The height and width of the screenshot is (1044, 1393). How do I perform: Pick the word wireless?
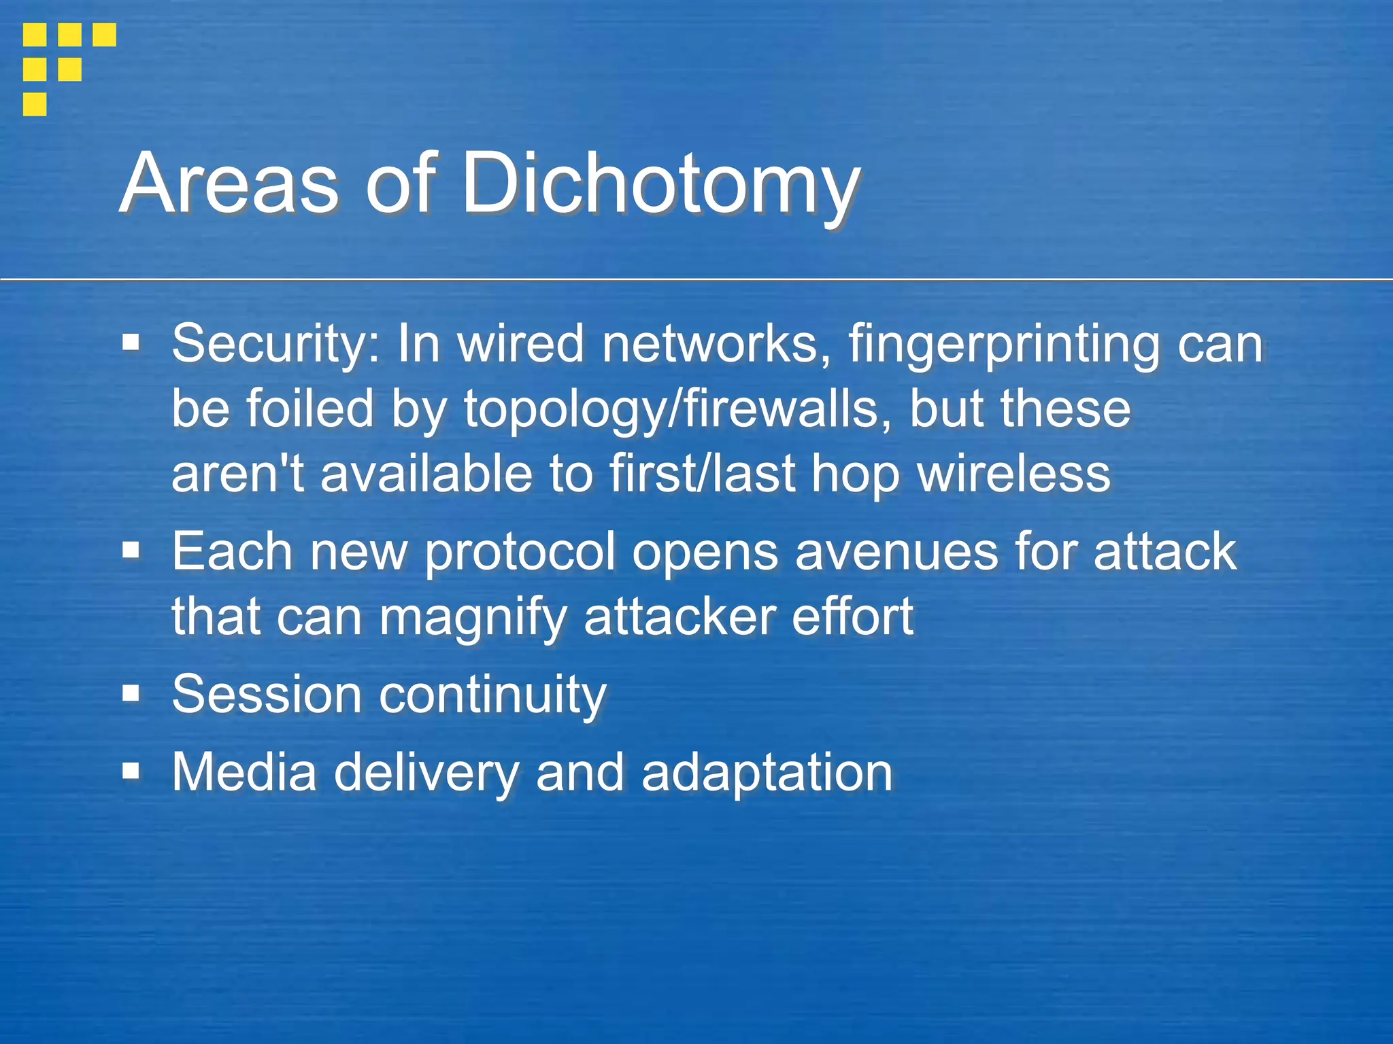tap(1014, 474)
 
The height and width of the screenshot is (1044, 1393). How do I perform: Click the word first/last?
tap(702, 474)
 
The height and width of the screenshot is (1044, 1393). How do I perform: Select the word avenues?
tap(896, 551)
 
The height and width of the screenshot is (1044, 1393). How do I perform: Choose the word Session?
tap(266, 695)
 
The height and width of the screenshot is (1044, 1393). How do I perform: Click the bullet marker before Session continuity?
tap(131, 694)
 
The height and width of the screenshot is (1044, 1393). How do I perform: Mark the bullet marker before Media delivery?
tap(131, 771)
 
